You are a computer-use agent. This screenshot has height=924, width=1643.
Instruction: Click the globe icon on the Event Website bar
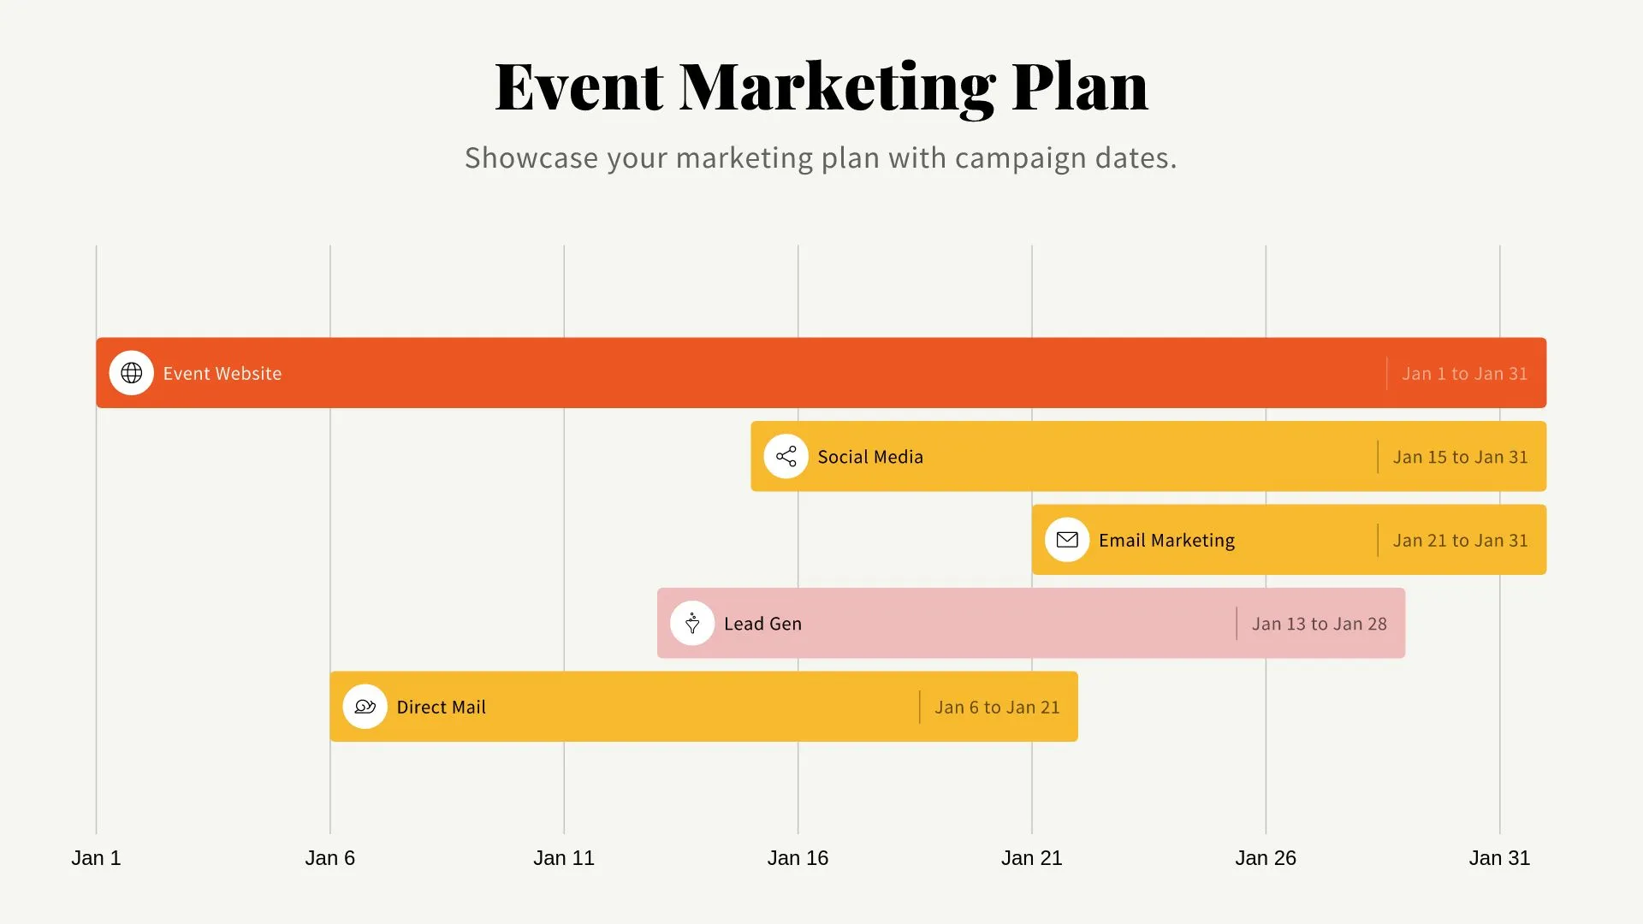[x=132, y=373]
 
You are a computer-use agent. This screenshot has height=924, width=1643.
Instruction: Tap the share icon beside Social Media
[x=786, y=456]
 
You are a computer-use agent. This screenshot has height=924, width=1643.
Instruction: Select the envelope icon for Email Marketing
[x=1067, y=540]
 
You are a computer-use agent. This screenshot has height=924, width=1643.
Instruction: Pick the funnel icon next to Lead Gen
[x=692, y=623]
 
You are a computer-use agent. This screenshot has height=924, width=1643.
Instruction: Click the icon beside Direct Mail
[x=365, y=707]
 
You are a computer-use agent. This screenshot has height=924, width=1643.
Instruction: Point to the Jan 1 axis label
[x=96, y=858]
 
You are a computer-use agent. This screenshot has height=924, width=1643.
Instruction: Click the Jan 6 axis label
[x=330, y=858]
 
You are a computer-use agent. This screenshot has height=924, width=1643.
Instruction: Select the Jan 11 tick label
[x=564, y=858]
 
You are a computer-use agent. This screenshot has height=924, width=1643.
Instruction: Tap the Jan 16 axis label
[x=798, y=858]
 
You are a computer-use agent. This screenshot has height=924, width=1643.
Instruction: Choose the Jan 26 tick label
[x=1266, y=858]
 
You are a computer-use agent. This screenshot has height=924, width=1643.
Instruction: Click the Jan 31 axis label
[x=1499, y=858]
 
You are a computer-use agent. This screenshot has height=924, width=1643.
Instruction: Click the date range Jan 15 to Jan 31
[x=1460, y=457]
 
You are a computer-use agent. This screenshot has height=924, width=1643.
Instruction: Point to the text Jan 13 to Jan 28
[x=1319, y=624]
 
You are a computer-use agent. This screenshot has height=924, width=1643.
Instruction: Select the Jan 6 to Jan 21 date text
[x=997, y=708]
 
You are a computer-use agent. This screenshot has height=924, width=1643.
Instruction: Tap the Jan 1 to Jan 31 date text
[x=1464, y=374]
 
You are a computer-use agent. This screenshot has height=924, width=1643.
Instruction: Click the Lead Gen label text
[x=762, y=624]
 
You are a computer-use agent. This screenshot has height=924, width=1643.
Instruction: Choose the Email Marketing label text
[x=1166, y=541]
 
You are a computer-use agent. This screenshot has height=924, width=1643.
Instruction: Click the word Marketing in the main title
[x=837, y=87]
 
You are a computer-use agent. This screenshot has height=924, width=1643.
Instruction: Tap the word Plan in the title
[x=1080, y=87]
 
